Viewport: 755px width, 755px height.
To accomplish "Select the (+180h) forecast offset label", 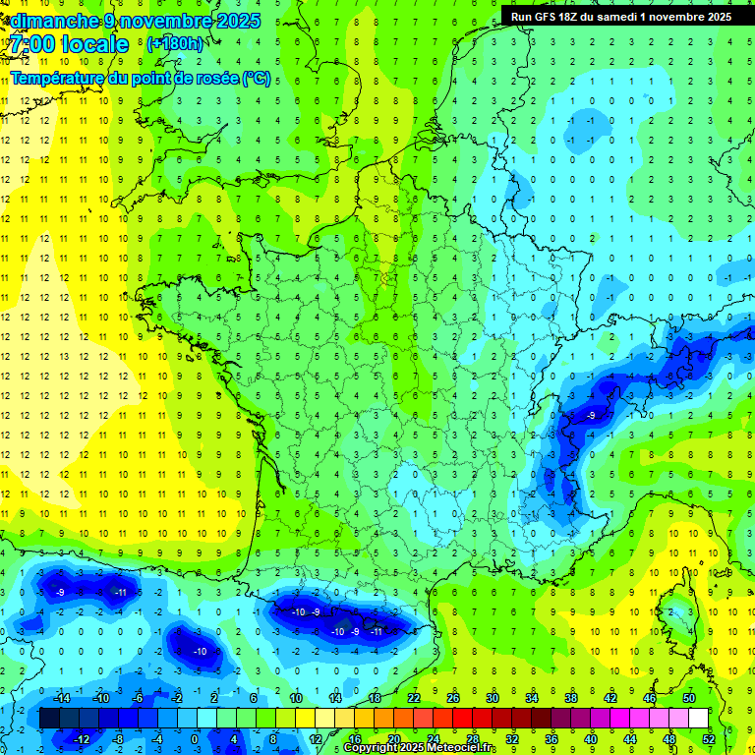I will point(174,44).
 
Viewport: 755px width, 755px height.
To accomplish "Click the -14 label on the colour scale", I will point(60,697).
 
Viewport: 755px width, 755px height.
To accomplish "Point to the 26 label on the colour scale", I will point(453,697).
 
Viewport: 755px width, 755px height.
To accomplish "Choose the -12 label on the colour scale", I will point(82,738).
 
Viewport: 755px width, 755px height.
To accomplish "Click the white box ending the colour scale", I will point(698,718).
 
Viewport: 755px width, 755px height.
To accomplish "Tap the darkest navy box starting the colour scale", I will point(49,718).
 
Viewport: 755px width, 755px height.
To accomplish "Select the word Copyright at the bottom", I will point(372,748).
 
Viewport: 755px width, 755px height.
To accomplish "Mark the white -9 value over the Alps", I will point(590,416).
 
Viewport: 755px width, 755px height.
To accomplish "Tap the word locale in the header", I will point(94,44).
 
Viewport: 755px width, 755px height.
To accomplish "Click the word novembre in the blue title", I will point(169,21).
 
